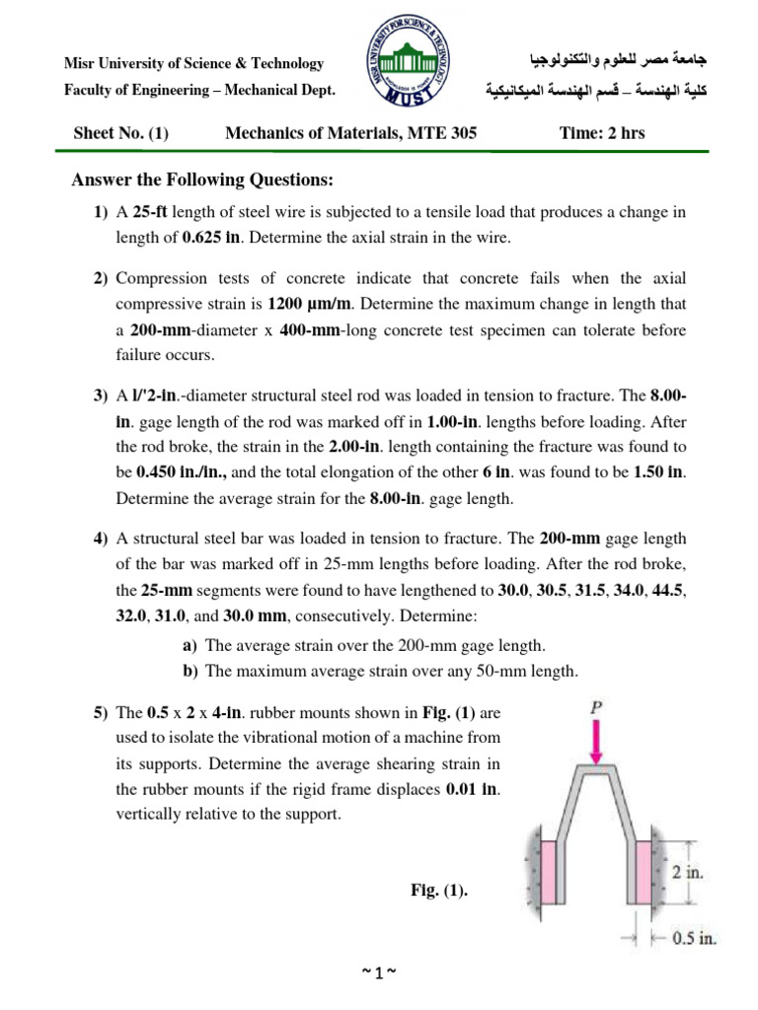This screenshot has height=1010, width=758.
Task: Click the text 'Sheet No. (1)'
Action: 121,133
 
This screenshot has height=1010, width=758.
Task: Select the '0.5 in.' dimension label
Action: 690,938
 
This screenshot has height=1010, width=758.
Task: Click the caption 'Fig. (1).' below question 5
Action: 439,891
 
